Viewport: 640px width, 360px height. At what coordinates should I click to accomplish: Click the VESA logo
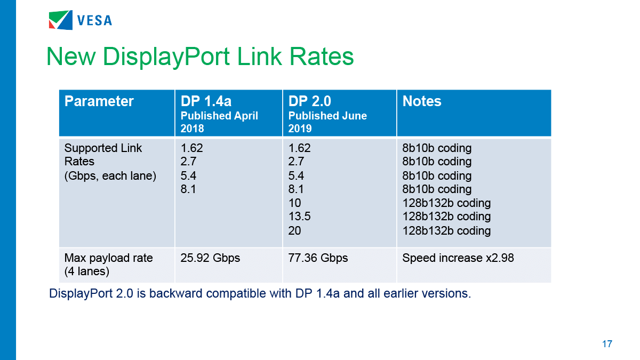(80, 20)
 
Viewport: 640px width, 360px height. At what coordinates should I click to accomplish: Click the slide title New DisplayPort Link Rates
(200, 56)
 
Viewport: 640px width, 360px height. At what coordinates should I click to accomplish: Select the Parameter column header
(99, 101)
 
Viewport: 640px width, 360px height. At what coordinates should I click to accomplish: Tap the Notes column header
(422, 101)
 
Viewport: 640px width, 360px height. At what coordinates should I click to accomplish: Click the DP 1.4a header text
(206, 101)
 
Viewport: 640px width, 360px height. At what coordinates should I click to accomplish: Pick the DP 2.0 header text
(310, 101)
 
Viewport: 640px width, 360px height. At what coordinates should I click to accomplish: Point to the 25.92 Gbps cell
(211, 258)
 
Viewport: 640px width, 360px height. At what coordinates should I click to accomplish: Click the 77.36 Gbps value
(318, 258)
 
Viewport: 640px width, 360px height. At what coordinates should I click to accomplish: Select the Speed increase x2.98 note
(458, 258)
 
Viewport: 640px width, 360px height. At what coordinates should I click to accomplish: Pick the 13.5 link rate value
(300, 217)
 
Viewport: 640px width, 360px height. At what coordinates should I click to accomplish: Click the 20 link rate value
(295, 230)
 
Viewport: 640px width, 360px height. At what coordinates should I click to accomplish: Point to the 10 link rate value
(295, 203)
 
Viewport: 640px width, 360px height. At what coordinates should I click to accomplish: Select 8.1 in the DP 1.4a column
(189, 189)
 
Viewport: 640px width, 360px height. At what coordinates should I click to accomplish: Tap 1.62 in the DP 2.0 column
(299, 148)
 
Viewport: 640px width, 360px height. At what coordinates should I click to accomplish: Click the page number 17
(607, 344)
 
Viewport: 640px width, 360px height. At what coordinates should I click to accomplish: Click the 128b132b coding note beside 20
(446, 230)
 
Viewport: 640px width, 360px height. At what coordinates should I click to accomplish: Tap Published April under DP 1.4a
(219, 116)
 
